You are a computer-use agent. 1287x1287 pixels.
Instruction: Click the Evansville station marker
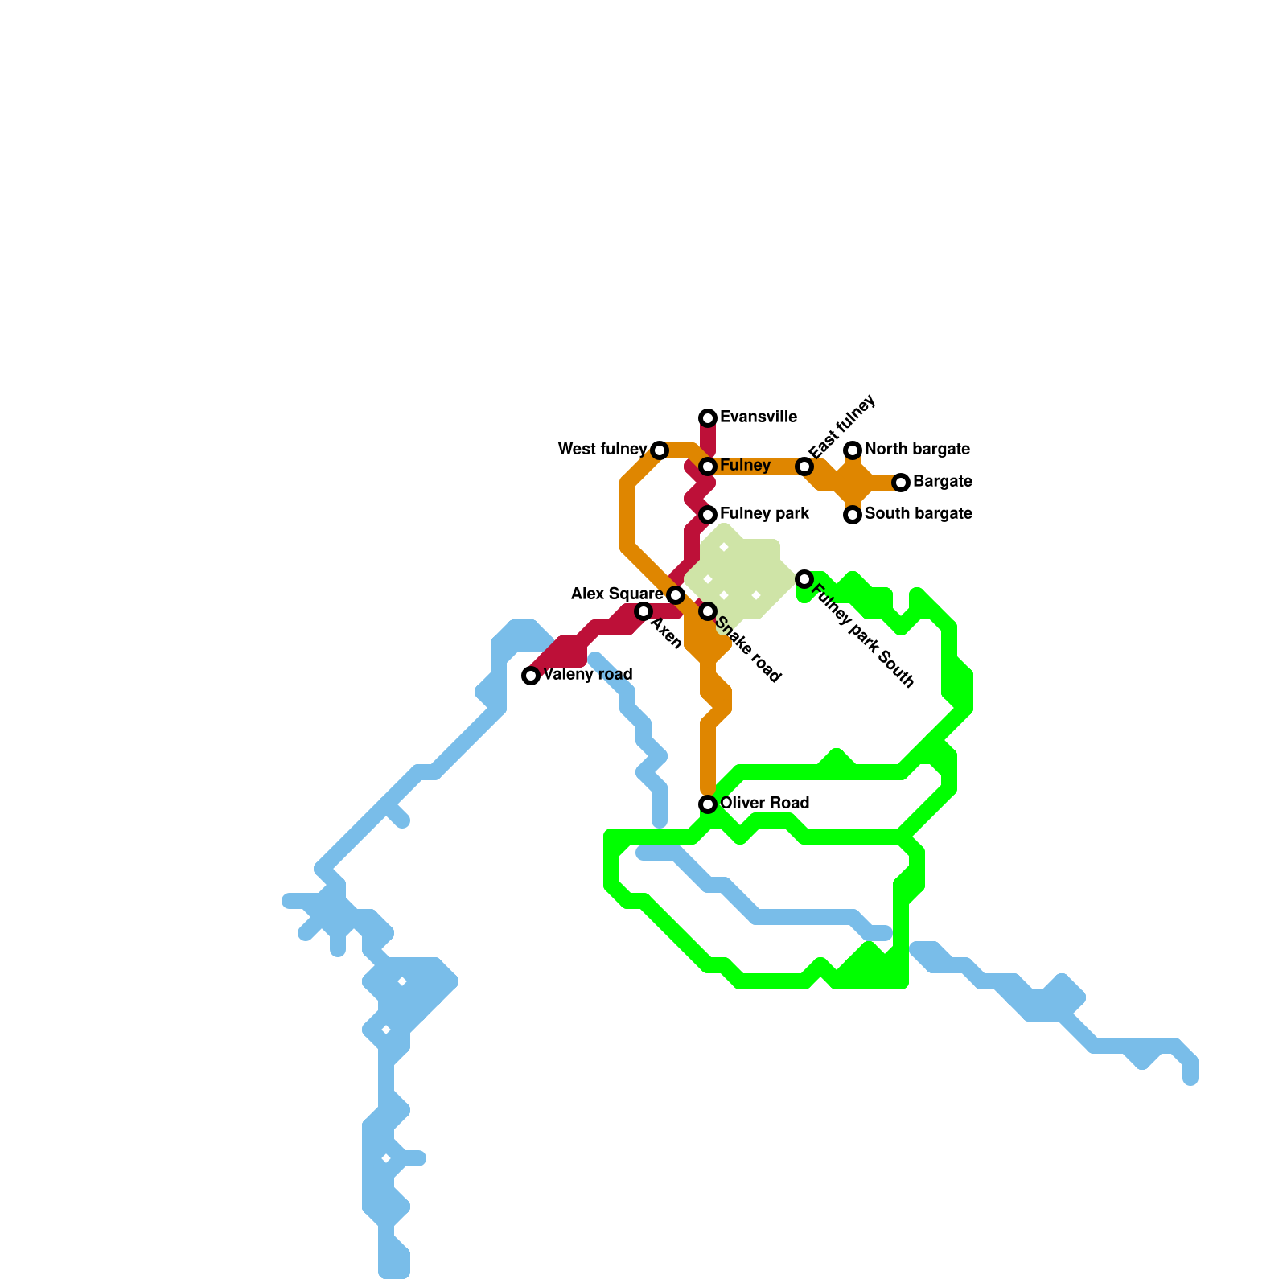(708, 417)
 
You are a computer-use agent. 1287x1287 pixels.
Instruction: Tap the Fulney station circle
(708, 467)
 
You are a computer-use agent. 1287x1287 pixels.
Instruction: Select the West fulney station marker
(660, 450)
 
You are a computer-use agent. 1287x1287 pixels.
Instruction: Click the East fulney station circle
(804, 467)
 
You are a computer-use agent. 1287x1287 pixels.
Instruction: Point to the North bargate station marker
(853, 450)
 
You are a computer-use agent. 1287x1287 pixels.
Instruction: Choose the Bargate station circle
(901, 483)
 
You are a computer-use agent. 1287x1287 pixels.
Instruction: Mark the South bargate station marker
(853, 515)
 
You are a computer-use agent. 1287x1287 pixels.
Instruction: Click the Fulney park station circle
(708, 515)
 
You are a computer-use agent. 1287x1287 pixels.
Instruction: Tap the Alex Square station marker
(676, 595)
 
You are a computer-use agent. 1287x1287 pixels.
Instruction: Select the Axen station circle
(643, 611)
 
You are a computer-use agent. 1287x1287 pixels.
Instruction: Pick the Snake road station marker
(708, 611)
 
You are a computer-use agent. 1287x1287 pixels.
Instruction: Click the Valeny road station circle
(531, 676)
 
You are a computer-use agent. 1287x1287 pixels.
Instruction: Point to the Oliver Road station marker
(708, 804)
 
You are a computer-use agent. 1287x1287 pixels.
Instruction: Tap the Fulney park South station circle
(804, 579)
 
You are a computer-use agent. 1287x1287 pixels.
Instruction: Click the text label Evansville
(759, 417)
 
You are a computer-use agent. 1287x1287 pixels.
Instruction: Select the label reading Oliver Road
(764, 804)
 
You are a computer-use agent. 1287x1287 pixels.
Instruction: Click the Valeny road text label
(588, 675)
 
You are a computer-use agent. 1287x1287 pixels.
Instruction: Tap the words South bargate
(919, 514)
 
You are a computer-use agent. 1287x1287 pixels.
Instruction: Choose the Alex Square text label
(617, 594)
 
